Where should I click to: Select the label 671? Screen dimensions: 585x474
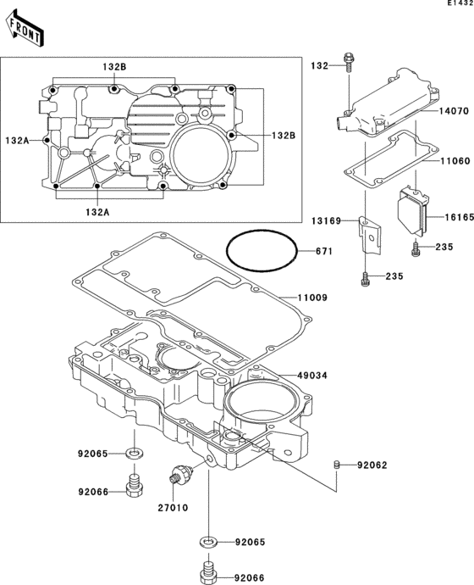(325, 251)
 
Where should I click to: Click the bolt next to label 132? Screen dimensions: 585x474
(348, 64)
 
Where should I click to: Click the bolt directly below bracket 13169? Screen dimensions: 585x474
(363, 276)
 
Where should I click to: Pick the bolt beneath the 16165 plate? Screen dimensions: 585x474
(415, 248)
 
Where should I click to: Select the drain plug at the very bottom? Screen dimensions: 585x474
(207, 567)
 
